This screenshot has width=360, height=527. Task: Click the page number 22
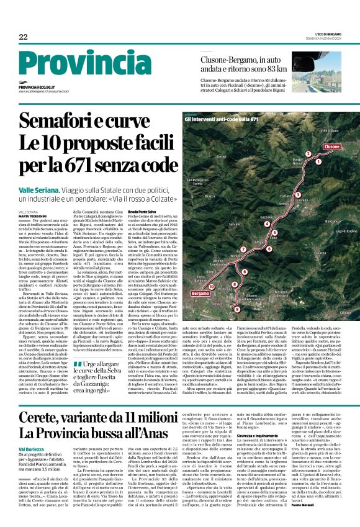point(23,38)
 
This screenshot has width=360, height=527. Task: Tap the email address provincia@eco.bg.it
point(43,88)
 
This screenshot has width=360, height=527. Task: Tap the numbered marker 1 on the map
point(310,154)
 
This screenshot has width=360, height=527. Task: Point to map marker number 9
point(236,309)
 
